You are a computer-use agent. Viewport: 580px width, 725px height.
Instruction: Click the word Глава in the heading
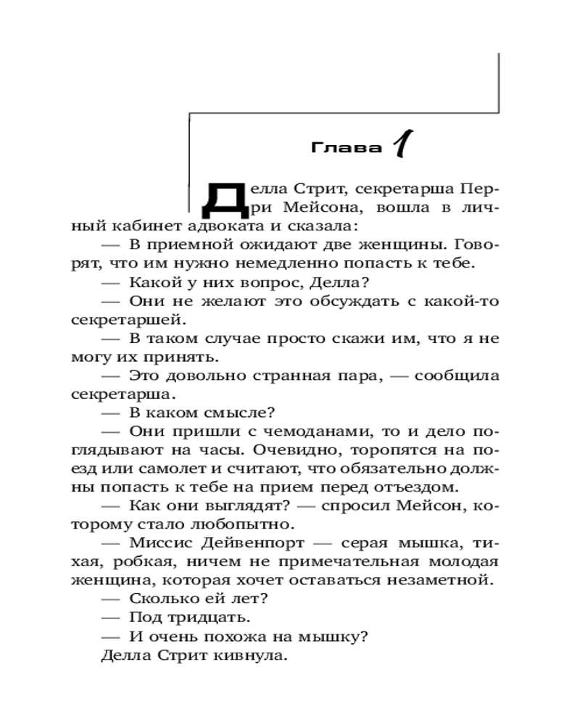(x=347, y=148)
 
